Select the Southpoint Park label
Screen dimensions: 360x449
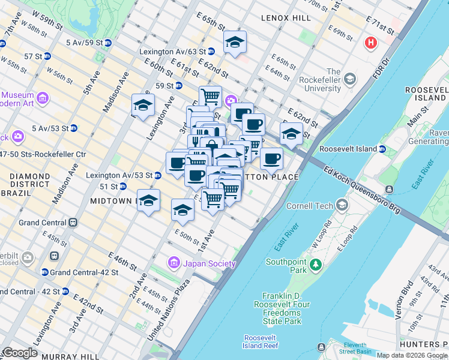coord(287,266)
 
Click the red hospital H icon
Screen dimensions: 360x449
coord(371,43)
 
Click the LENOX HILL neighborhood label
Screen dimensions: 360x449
coord(286,19)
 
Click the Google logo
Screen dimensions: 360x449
coord(20,352)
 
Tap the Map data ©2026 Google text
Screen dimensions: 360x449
coord(412,355)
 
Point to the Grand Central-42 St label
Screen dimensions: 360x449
coord(76,272)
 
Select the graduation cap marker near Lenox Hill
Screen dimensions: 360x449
coord(235,42)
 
